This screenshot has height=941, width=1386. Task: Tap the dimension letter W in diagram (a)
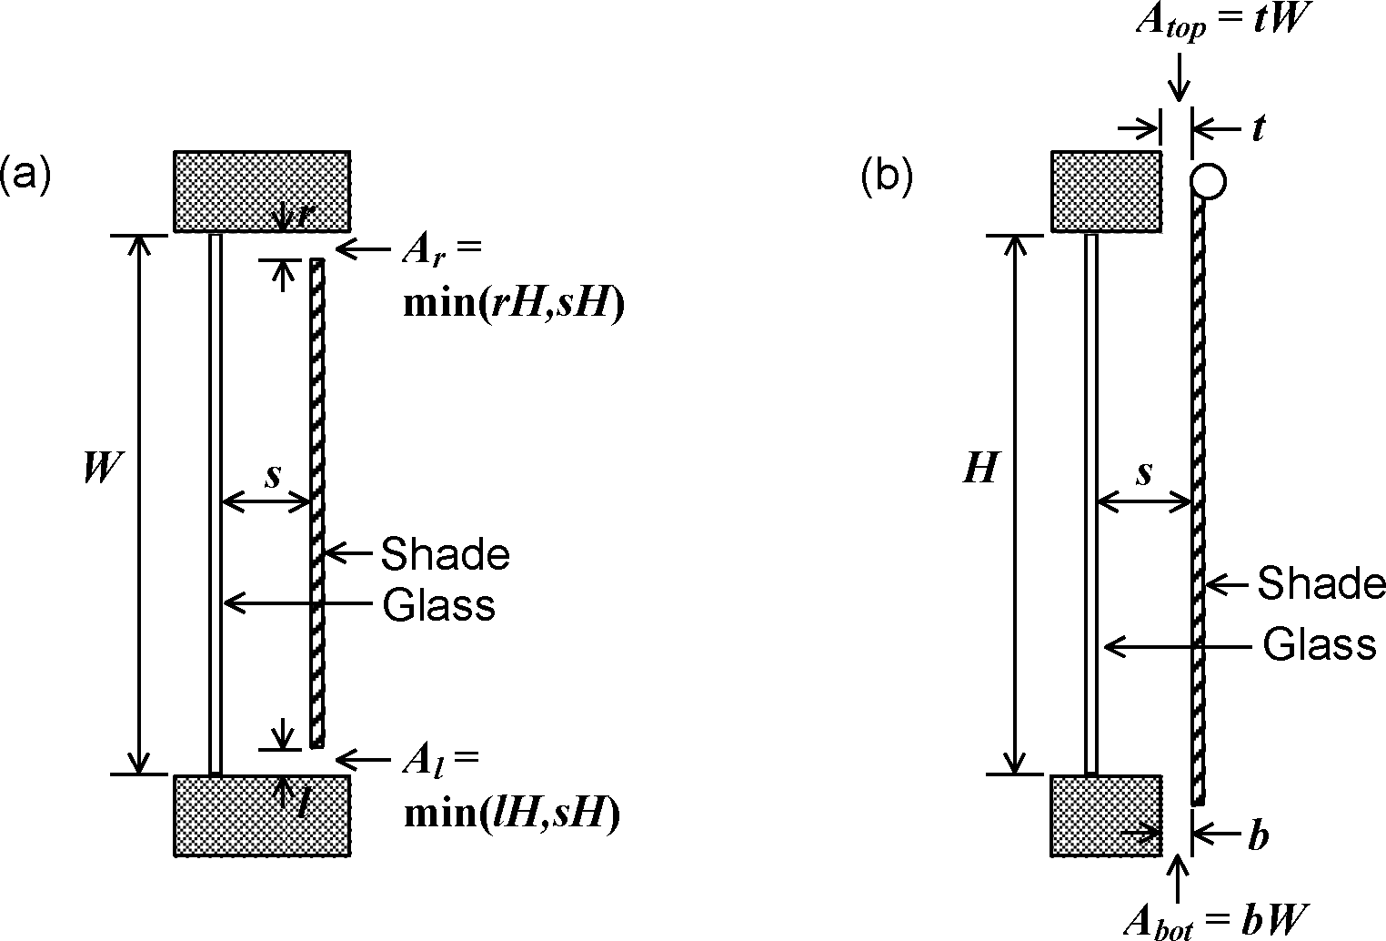point(100,469)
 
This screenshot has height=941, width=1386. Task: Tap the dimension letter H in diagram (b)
point(980,469)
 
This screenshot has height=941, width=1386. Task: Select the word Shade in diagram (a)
point(445,553)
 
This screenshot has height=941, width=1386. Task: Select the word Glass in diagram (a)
point(438,604)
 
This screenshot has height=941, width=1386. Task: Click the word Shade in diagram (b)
point(1321,584)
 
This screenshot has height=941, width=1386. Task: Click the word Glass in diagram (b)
point(1319,645)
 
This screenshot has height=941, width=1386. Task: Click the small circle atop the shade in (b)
point(1208,181)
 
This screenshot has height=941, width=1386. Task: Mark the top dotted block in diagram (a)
point(262,189)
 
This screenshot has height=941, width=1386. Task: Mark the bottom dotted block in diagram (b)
point(1106,815)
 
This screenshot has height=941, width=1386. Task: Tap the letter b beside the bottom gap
point(1258,835)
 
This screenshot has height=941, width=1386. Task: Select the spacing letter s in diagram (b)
point(1145,473)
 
